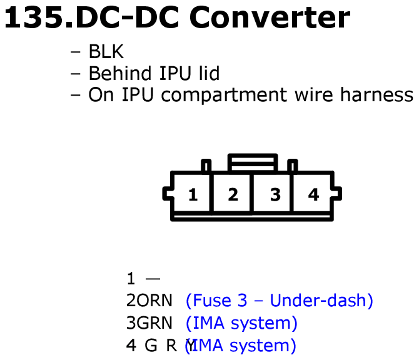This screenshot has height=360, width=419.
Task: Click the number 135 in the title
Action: tap(34, 17)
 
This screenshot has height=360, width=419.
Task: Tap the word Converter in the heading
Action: tap(270, 17)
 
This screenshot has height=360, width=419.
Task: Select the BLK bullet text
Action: tap(106, 51)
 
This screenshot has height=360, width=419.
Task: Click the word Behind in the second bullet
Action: tap(120, 73)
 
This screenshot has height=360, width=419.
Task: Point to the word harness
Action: tap(376, 94)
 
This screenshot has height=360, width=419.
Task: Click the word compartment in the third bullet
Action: tap(224, 95)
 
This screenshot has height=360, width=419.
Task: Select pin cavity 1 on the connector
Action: tap(193, 193)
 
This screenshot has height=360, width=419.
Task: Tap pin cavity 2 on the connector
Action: tap(232, 193)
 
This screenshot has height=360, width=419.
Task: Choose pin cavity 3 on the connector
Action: tap(272, 193)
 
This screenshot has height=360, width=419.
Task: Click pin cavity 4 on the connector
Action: tap(312, 193)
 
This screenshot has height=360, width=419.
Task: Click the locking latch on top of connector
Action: tap(253, 162)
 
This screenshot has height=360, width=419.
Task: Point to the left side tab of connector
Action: tap(167, 193)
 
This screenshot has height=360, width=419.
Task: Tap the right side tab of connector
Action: tap(337, 193)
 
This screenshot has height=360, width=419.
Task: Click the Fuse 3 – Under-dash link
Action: tap(280, 301)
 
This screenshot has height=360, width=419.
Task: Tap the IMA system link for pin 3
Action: tap(241, 323)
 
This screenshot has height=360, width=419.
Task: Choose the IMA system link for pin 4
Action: tap(241, 346)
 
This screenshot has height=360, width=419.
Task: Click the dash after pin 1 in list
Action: tap(153, 279)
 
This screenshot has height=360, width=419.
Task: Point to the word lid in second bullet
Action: tap(209, 73)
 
